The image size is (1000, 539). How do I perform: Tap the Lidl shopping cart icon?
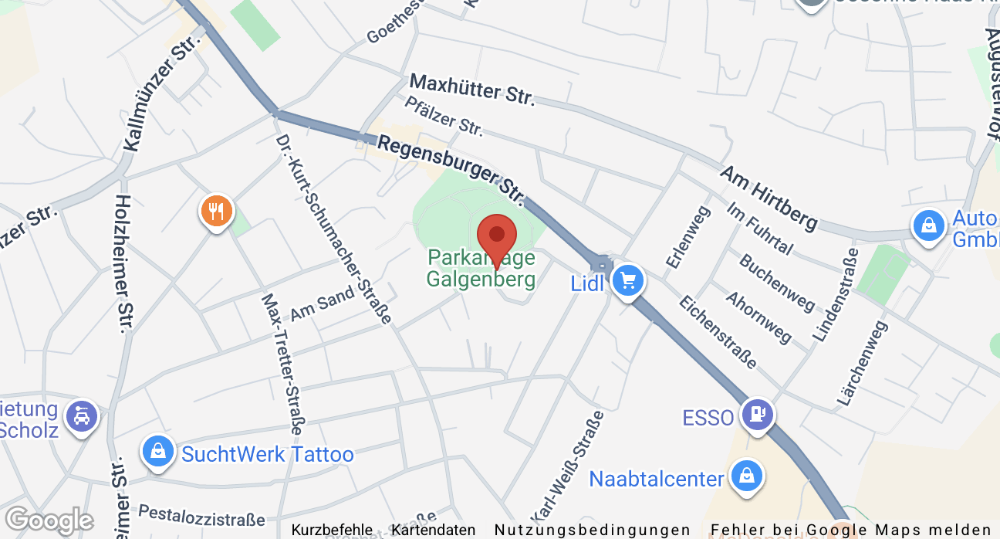coord(628,280)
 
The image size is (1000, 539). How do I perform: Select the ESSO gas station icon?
coord(758,415)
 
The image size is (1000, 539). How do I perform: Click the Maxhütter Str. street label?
coord(471,90)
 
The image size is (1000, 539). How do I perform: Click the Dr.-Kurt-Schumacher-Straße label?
coord(334,229)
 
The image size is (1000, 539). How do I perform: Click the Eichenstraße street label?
coord(718,331)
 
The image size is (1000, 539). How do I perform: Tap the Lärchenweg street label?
coord(863,363)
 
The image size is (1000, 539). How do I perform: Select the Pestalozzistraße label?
coord(201,515)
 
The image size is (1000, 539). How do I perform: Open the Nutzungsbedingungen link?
coord(593,531)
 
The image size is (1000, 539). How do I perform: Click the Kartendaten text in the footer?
coord(434,531)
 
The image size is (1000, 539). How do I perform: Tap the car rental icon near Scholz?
coord(82,417)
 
